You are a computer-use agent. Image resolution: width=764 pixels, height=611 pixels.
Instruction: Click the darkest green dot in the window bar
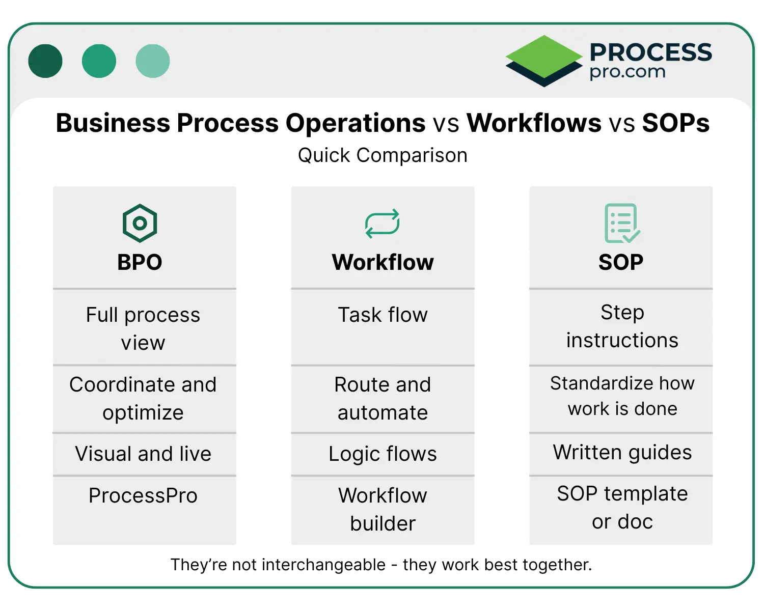45,61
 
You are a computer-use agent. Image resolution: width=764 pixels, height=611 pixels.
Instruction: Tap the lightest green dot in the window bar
152,61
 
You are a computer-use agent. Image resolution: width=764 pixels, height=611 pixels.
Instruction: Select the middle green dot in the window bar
99,61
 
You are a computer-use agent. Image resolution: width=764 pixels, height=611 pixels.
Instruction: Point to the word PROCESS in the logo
650,52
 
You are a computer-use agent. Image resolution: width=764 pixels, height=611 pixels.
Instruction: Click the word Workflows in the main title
534,123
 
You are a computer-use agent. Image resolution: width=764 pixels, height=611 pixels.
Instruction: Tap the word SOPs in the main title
675,123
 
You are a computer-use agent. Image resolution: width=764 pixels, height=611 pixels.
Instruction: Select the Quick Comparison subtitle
383,155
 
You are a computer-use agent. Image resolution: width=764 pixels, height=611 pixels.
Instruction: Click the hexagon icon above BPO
140,223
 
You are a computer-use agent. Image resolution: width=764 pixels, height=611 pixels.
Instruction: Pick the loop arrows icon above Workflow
383,224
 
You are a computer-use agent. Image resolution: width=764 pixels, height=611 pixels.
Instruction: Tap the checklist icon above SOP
621,223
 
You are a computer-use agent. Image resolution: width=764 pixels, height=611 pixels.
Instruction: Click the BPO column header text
140,262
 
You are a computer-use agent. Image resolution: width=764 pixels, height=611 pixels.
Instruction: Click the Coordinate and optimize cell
143,398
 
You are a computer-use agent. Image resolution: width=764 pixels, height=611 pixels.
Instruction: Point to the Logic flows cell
383,454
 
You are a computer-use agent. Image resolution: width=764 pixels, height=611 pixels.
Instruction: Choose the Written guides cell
622,452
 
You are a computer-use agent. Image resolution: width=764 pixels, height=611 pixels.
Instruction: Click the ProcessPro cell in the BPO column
143,495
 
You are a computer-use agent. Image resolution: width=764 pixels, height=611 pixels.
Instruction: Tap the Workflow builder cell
383,509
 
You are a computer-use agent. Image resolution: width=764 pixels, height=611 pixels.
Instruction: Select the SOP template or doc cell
622,508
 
